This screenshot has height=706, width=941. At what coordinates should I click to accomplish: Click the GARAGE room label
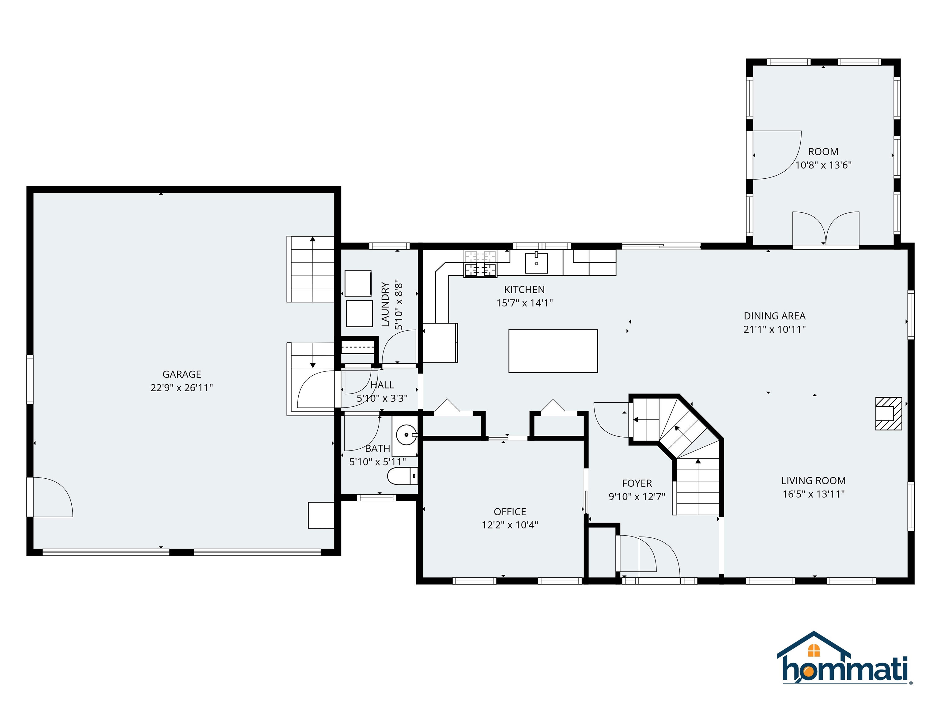182,374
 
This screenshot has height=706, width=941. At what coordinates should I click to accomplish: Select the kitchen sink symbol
536,263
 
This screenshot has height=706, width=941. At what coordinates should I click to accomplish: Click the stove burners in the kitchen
480,269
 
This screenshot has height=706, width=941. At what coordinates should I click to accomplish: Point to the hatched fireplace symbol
888,413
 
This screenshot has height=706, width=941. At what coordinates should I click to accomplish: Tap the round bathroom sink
406,435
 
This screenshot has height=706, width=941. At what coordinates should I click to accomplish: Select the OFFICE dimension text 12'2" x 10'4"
510,525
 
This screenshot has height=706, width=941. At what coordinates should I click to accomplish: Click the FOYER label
637,483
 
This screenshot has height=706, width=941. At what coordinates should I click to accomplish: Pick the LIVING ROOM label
813,480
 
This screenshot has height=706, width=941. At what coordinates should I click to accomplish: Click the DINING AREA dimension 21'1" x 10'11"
774,329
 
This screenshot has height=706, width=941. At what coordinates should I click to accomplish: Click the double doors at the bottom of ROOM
825,230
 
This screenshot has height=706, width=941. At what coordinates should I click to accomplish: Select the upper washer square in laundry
358,283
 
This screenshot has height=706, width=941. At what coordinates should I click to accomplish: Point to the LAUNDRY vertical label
385,304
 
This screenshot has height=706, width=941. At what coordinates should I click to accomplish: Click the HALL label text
382,385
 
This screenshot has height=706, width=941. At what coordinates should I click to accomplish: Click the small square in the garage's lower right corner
321,515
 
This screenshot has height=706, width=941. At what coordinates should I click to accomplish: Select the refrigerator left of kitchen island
440,343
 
